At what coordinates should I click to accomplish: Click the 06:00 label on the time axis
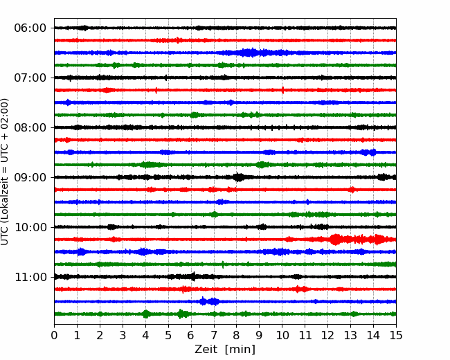pos(30,28)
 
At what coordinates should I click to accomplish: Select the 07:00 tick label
pos(30,78)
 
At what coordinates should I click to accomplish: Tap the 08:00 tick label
pos(30,127)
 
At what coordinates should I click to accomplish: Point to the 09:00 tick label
pos(30,177)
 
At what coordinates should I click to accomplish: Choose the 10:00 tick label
pos(30,227)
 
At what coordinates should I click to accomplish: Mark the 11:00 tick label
pos(30,277)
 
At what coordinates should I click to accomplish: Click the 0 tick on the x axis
pos(54,335)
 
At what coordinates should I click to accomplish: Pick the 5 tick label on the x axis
pos(168,335)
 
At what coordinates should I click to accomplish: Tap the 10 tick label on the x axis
pos(282,335)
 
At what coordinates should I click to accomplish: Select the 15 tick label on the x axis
pos(396,335)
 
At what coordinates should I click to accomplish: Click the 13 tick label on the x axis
pos(350,335)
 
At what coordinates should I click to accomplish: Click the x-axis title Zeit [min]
pos(225,350)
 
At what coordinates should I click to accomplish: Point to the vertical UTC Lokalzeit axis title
pos(5,172)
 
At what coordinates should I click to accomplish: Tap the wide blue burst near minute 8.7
pos(252,53)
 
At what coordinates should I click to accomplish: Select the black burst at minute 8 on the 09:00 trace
pos(238,177)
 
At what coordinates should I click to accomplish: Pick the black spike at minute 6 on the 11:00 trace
pos(193,276)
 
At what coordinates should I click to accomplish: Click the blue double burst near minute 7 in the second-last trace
pos(209,301)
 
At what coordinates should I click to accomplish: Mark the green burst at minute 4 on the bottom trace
pos(146,314)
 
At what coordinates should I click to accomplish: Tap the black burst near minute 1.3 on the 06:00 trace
pos(84,28)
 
